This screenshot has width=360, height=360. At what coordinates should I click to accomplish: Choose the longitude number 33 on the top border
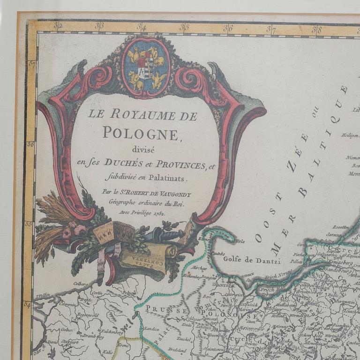click(99, 26)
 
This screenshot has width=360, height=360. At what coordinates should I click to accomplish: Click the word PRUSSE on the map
click(162, 308)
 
